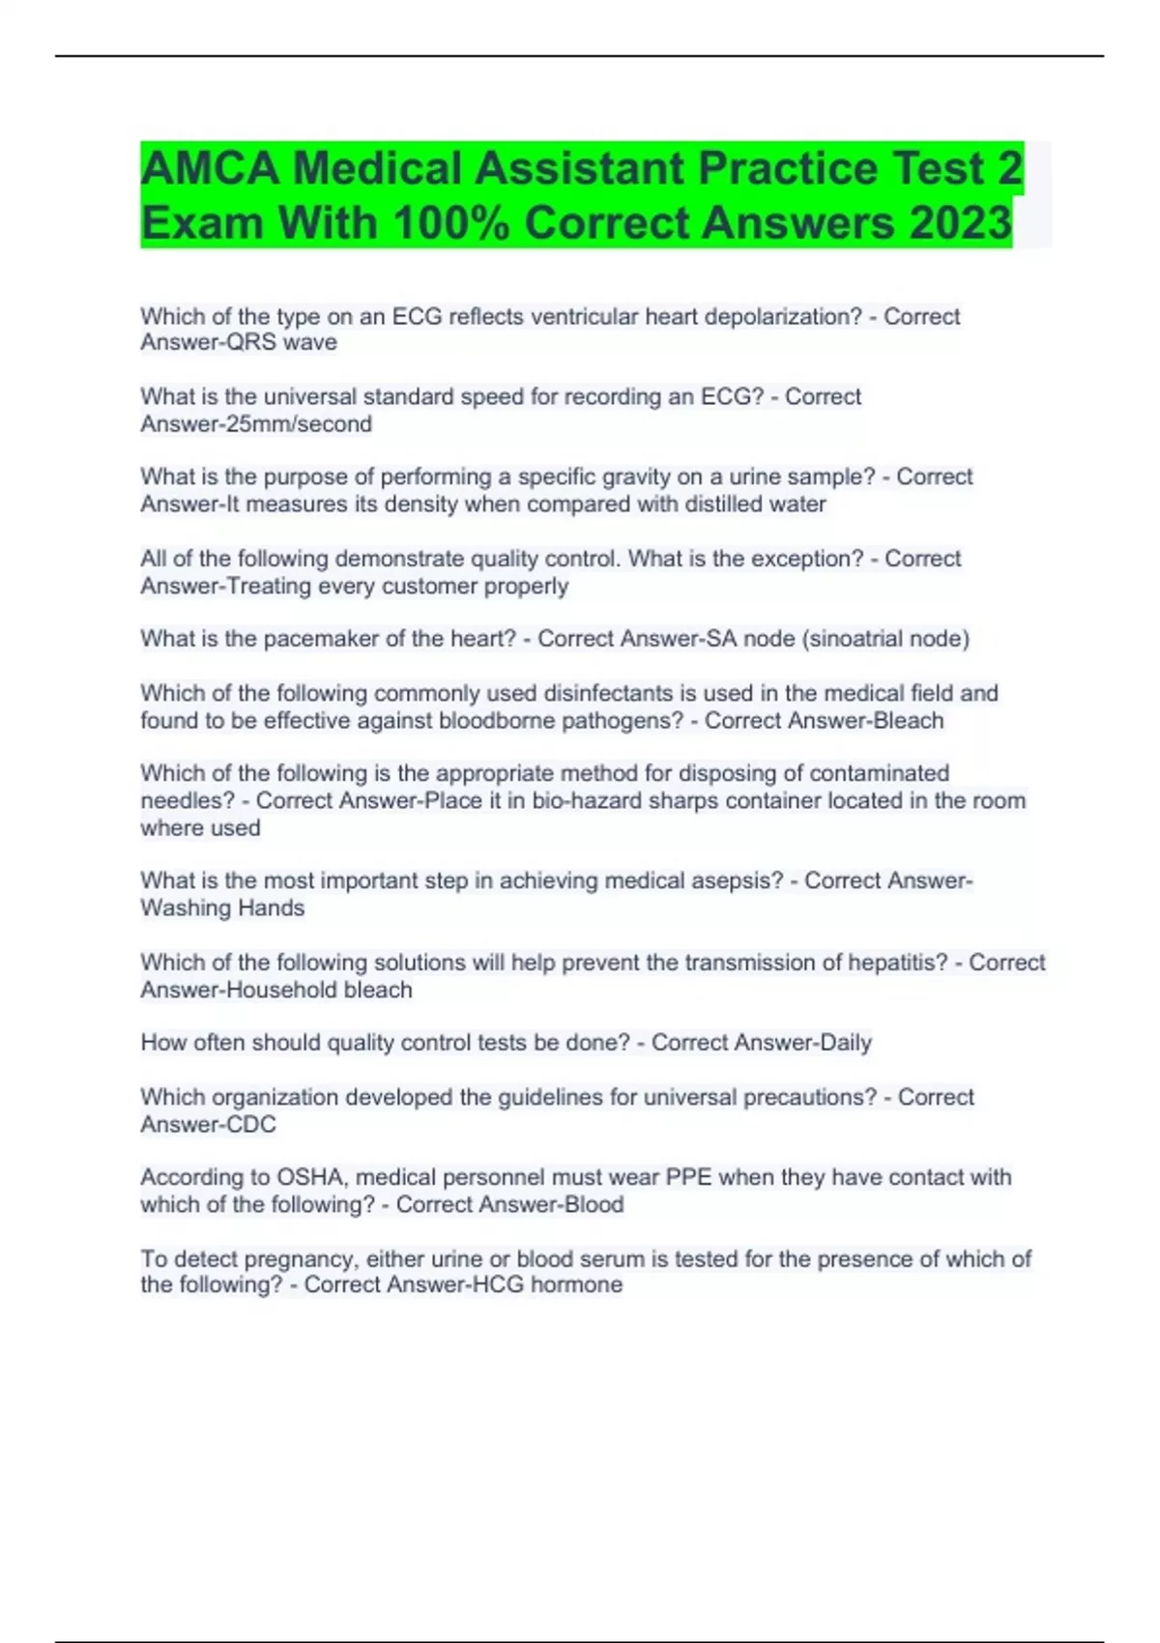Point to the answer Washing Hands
(x=222, y=908)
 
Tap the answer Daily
(x=846, y=1043)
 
